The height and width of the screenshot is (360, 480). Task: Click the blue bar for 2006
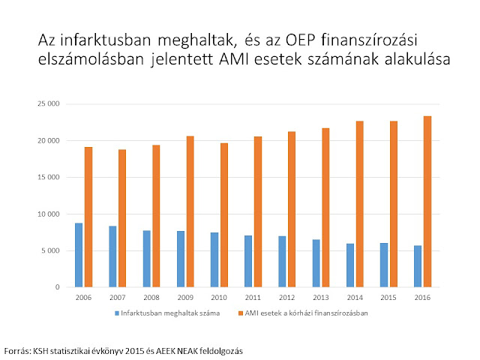pyautogui.click(x=79, y=255)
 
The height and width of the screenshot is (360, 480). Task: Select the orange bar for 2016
pyautogui.click(x=427, y=202)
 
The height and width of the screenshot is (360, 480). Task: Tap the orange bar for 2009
pyautogui.click(x=190, y=211)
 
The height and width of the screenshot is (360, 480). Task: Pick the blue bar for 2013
pyautogui.click(x=316, y=263)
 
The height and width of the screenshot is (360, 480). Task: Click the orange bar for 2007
pyautogui.click(x=122, y=218)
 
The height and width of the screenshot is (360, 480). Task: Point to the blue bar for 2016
pyautogui.click(x=418, y=266)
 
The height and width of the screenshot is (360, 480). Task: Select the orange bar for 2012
pyautogui.click(x=292, y=209)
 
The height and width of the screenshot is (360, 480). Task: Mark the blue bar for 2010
pyautogui.click(x=214, y=260)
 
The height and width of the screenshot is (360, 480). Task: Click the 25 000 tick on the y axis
pyautogui.click(x=48, y=103)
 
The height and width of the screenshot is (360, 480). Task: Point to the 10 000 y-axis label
pyautogui.click(x=48, y=214)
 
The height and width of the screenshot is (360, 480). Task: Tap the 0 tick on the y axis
pyautogui.click(x=58, y=287)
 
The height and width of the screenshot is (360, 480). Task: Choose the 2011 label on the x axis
pyautogui.click(x=253, y=298)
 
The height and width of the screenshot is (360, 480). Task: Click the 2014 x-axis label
pyautogui.click(x=355, y=298)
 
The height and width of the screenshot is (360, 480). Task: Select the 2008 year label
pyautogui.click(x=151, y=298)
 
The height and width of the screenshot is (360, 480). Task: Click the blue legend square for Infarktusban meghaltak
pyautogui.click(x=117, y=313)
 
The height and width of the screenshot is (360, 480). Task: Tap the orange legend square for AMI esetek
pyautogui.click(x=241, y=313)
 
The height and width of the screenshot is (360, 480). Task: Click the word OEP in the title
pyautogui.click(x=300, y=40)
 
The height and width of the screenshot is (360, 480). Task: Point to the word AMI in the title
pyautogui.click(x=234, y=59)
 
